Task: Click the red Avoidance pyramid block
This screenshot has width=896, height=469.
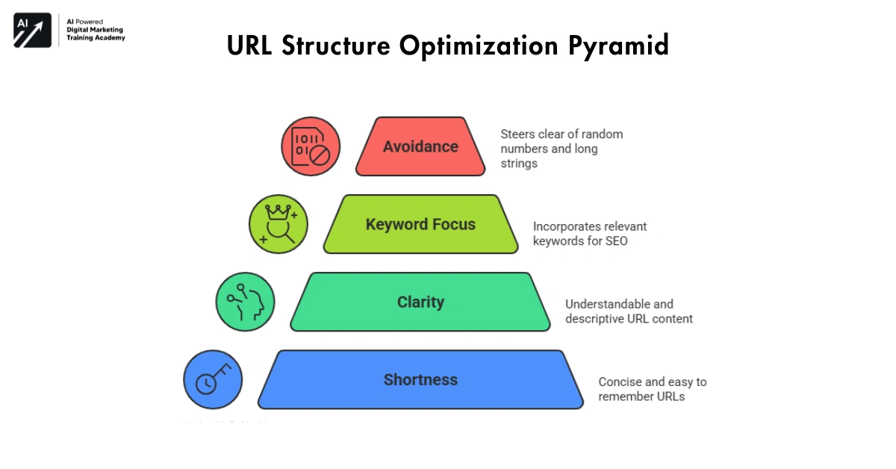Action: point(420,146)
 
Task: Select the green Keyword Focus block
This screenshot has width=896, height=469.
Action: point(420,224)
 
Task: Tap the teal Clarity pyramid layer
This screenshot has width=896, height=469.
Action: point(420,302)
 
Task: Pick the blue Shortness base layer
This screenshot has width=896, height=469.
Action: point(420,379)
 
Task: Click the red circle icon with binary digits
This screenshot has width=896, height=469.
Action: point(311,146)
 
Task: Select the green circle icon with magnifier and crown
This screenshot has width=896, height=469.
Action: point(278,224)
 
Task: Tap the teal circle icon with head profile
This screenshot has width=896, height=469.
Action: point(245,302)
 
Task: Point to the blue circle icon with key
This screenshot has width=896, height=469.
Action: point(213,379)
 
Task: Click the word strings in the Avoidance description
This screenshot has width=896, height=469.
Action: point(519,163)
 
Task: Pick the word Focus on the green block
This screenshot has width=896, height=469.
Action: point(451,224)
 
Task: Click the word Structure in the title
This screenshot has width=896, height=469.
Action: point(338,46)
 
